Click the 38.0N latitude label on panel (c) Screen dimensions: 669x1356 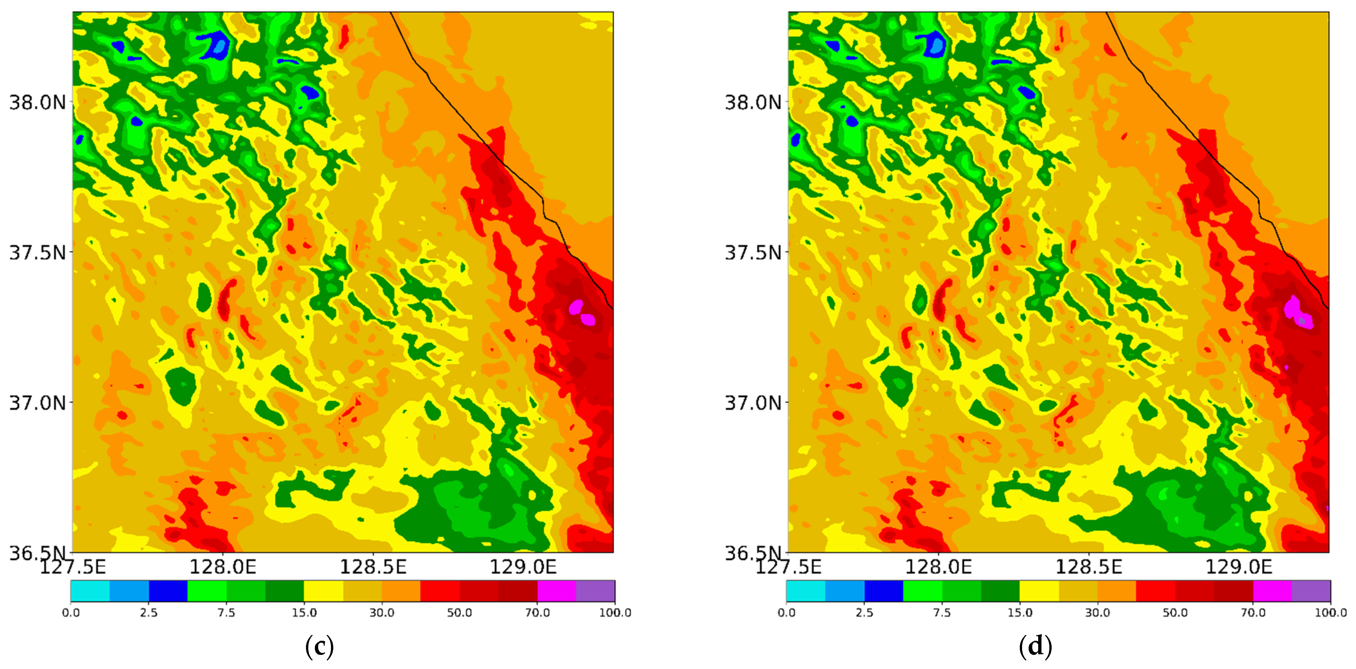click(38, 101)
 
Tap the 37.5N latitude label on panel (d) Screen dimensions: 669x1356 click(753, 252)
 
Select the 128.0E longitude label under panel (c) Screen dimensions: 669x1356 click(223, 567)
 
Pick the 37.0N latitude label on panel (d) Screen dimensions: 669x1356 click(753, 403)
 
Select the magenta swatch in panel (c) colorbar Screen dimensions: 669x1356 click(557, 591)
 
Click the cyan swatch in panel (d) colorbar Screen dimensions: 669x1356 click(805, 591)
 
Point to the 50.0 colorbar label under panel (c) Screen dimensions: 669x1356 click(460, 613)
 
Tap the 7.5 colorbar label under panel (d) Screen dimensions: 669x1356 click(942, 613)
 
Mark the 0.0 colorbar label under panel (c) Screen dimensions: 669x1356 click(71, 613)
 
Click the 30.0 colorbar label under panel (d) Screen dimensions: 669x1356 click(1098, 613)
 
